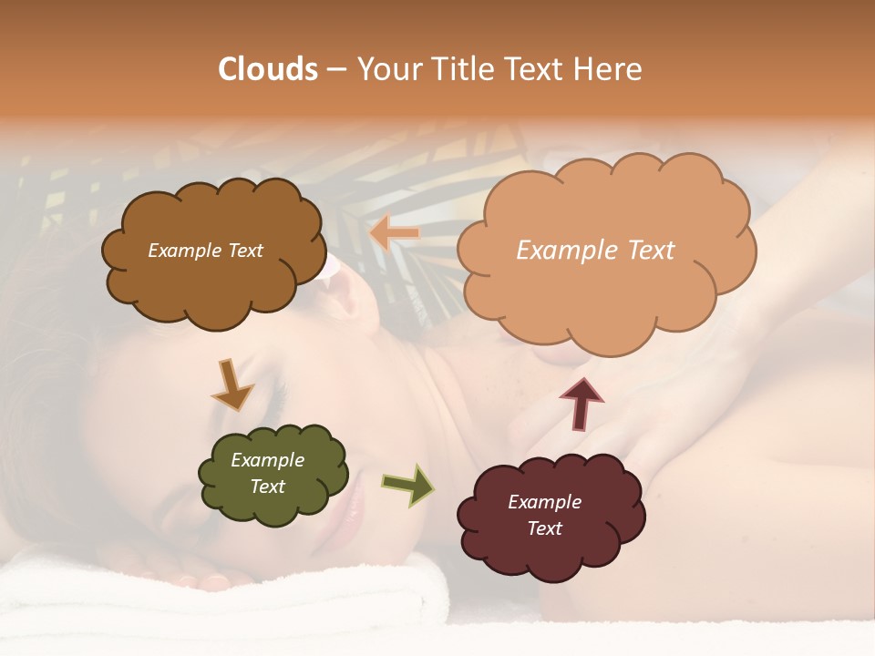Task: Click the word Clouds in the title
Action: pyautogui.click(x=268, y=69)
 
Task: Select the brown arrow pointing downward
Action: pyautogui.click(x=232, y=384)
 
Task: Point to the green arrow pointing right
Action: pyautogui.click(x=409, y=485)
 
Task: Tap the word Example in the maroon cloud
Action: pyautogui.click(x=544, y=502)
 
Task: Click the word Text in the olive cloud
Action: pyautogui.click(x=268, y=487)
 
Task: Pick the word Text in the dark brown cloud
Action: pyautogui.click(x=243, y=251)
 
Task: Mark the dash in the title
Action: pyautogui.click(x=335, y=69)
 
